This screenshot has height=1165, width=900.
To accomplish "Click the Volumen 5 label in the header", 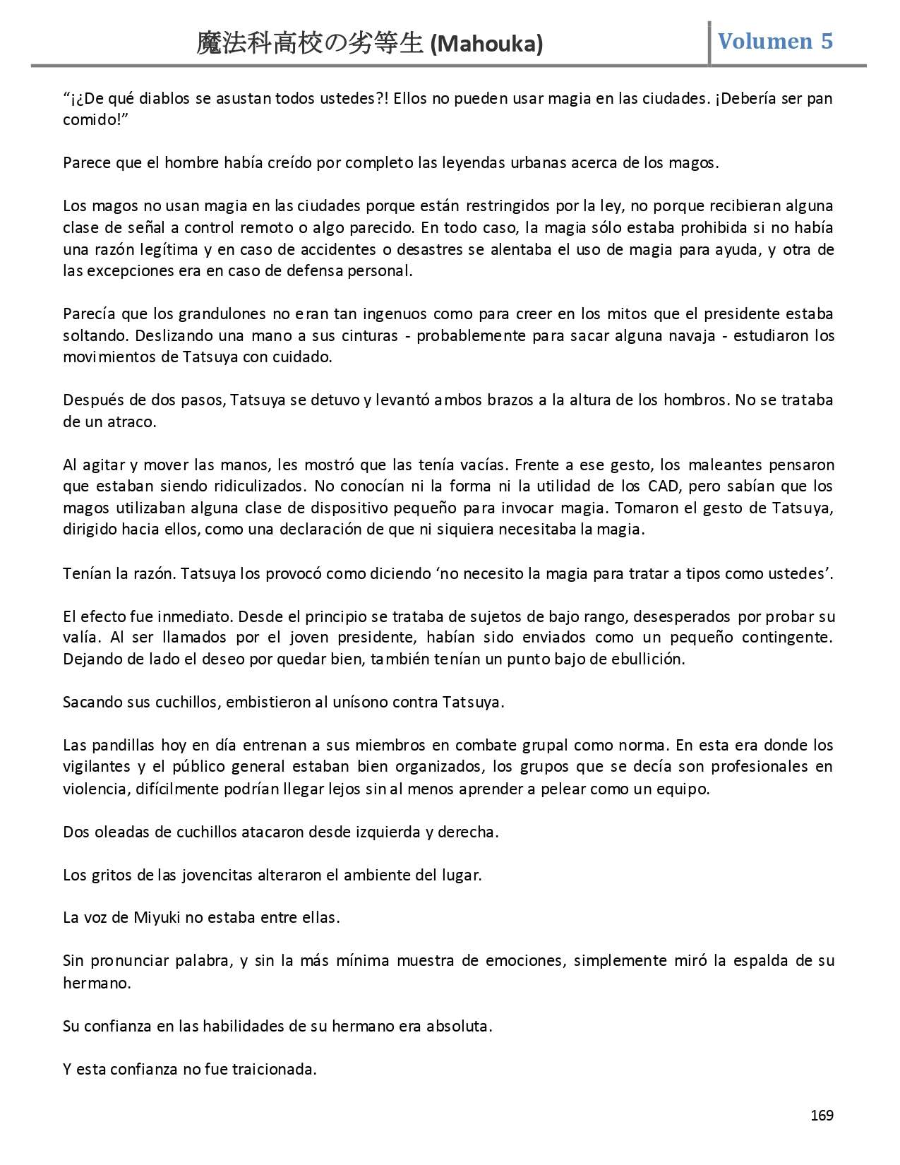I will tap(775, 41).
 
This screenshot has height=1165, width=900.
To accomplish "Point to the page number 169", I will tap(822, 1115).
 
